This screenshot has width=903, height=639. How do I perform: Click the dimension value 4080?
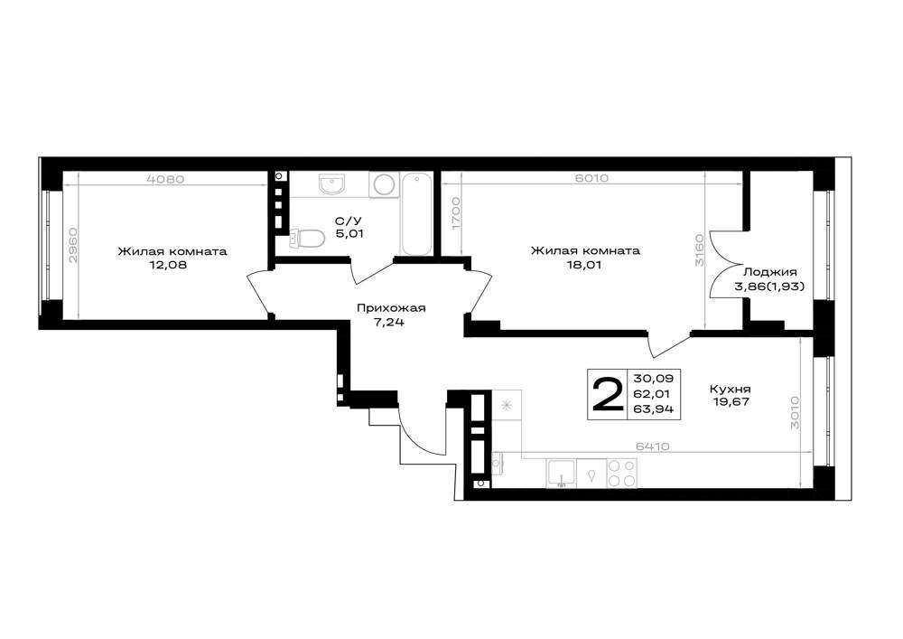(x=166, y=179)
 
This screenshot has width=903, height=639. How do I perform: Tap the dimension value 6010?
(x=591, y=179)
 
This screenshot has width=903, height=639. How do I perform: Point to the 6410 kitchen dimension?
(x=653, y=446)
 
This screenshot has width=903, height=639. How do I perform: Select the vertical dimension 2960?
(x=72, y=246)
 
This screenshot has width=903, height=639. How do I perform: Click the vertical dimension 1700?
(x=456, y=214)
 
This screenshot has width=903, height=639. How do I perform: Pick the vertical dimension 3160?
(x=699, y=249)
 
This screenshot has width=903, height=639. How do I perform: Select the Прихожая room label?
(x=391, y=307)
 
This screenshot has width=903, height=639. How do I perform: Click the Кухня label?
(x=731, y=389)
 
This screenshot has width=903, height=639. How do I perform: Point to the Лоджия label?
(x=770, y=273)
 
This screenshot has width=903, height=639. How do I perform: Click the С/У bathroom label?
(x=349, y=221)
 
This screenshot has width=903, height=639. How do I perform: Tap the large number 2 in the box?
(x=608, y=395)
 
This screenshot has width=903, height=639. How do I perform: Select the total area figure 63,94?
(x=654, y=409)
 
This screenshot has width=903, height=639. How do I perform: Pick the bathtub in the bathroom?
(x=415, y=214)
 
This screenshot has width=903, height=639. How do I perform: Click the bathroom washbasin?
(x=331, y=184)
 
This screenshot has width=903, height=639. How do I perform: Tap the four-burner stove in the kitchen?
(x=622, y=473)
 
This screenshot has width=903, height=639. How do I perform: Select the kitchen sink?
(x=561, y=473)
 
